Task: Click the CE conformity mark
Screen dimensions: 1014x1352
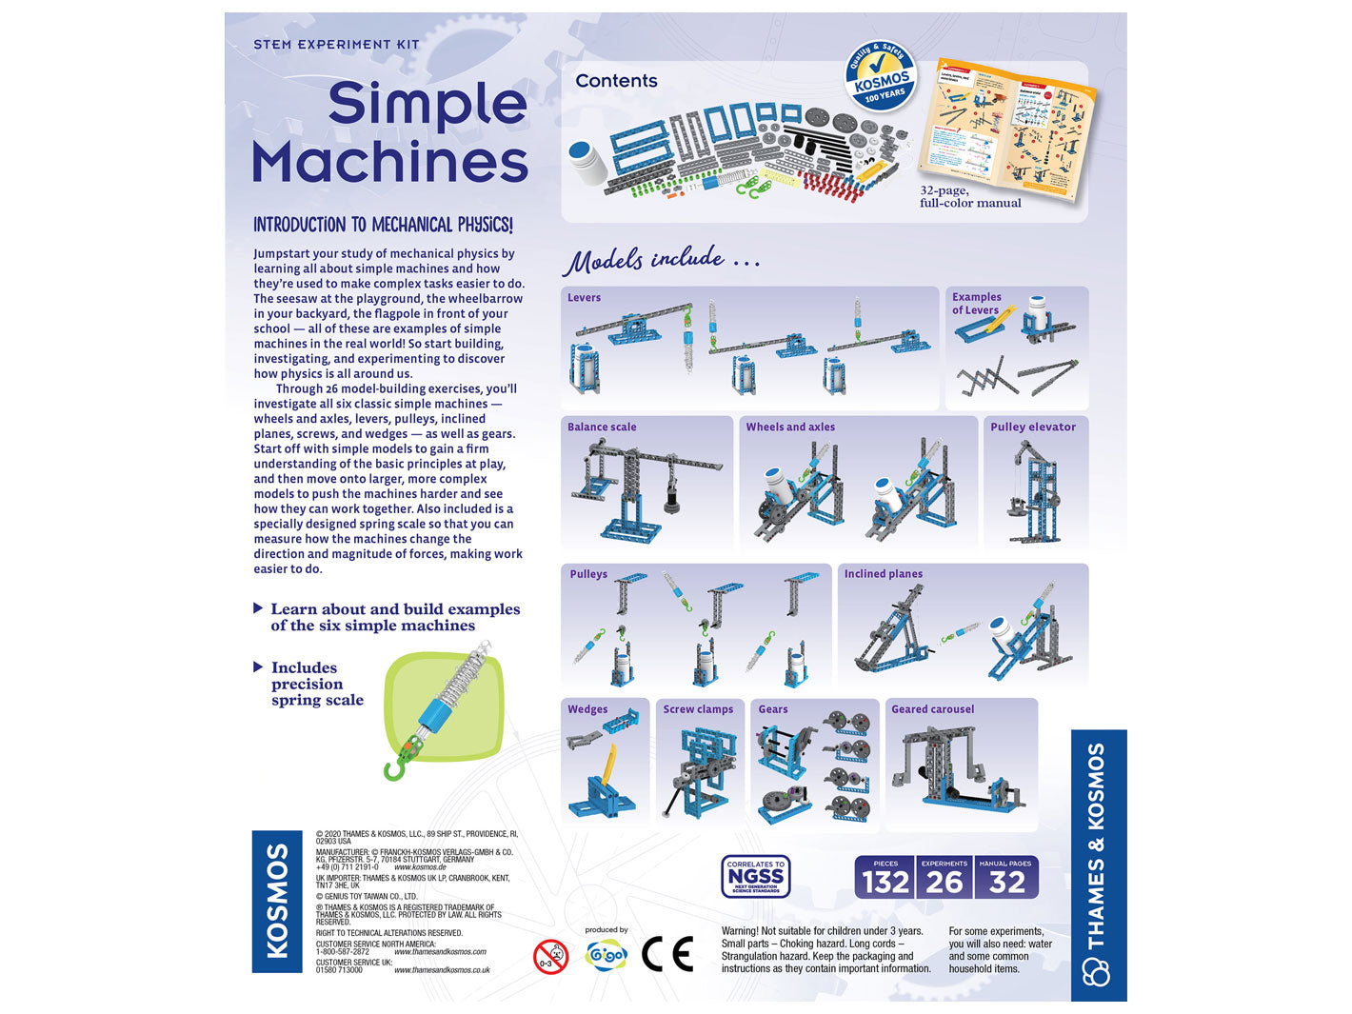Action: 667,953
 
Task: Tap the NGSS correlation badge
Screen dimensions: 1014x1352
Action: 756,876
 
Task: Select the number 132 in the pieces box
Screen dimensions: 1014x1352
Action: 885,882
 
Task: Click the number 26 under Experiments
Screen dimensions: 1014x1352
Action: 944,882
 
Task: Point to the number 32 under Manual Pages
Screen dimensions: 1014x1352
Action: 1006,882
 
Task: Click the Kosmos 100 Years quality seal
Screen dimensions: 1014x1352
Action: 881,75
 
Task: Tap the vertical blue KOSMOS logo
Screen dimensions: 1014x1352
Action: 276,901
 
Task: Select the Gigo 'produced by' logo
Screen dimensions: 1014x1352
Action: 606,953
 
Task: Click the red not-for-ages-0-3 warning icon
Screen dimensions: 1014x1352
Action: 550,956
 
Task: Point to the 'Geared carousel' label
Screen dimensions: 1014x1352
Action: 932,709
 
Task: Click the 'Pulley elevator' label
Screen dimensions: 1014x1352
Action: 1032,427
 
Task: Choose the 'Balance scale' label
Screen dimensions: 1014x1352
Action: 602,427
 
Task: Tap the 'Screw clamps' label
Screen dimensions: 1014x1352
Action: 698,709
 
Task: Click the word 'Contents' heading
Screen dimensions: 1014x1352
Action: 616,81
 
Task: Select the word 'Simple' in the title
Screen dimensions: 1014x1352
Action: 427,105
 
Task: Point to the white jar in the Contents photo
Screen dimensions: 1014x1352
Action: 587,163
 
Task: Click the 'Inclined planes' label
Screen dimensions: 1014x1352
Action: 883,574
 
